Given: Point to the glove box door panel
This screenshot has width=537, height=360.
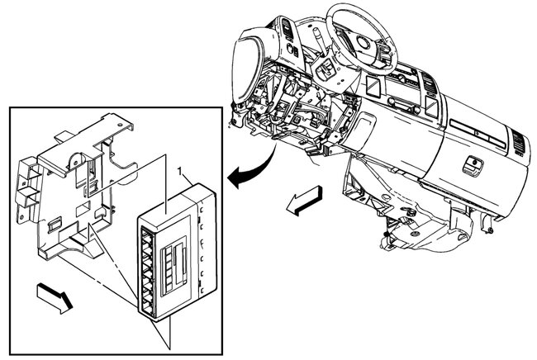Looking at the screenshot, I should click(x=471, y=178).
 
